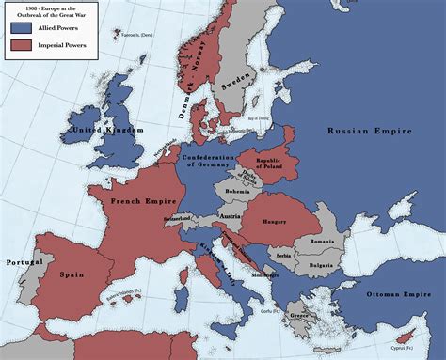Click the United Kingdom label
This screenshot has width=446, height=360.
coord(108,129)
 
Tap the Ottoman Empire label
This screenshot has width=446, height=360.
coord(400,293)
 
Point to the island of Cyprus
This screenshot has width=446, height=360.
coord(406,336)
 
